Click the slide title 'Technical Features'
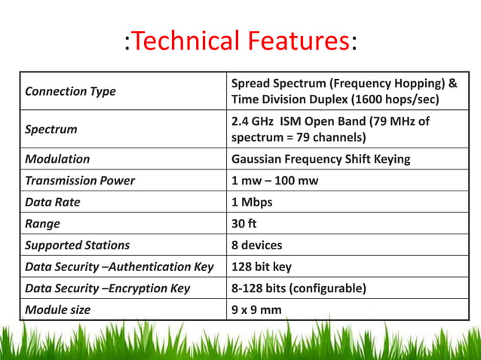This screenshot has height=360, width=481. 240,41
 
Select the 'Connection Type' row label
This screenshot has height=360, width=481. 70,91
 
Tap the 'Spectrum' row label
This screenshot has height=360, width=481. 51,130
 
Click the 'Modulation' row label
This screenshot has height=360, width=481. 57,159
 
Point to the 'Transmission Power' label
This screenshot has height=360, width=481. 80,180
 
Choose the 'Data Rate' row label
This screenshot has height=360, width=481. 52,202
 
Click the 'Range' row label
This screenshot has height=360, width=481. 42,224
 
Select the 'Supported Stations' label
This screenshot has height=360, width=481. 77,245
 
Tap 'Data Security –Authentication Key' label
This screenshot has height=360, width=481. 119,267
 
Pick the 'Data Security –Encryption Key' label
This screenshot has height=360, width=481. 107,288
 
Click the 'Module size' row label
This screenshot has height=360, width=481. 57,310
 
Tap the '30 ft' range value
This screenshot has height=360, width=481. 244,224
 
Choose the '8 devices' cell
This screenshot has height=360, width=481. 256,245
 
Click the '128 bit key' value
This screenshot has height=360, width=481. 262,267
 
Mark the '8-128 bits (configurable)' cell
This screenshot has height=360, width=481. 299,288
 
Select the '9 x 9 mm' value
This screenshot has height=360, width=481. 256,310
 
